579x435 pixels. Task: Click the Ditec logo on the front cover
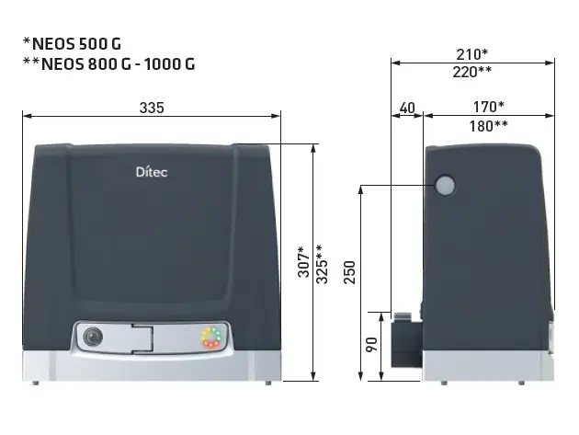[x=152, y=171]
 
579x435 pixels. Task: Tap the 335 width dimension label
[x=152, y=108]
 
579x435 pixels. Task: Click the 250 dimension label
[x=349, y=271]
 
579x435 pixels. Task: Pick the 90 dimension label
[x=372, y=346]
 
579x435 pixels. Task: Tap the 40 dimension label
[x=407, y=108]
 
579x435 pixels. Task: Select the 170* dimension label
[x=487, y=108]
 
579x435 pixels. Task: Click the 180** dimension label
[x=488, y=126]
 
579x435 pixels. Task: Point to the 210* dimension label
[x=472, y=54]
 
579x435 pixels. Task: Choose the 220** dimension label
[x=472, y=72]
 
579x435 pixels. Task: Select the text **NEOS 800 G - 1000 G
[x=108, y=64]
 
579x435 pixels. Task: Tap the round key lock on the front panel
[x=92, y=337]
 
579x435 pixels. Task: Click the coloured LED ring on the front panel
[x=210, y=338]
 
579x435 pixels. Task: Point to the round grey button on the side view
[x=445, y=187]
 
